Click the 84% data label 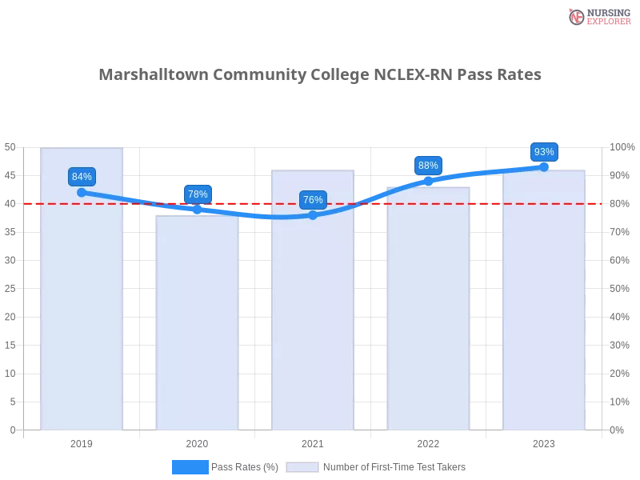coord(82,177)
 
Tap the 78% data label coord(198,194)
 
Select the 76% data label coord(313,200)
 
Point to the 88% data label coord(428,166)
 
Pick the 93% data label coord(544,152)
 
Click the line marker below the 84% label coord(82,192)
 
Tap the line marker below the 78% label coord(198,209)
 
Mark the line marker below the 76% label coord(313,214)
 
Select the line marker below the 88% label coord(428,181)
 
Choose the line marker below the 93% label coord(544,166)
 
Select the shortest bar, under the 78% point coord(198,328)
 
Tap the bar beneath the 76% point coord(313,320)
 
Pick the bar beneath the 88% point coord(428,320)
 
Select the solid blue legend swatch coord(190,466)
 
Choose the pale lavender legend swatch coord(302,466)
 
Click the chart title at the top coord(320,75)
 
